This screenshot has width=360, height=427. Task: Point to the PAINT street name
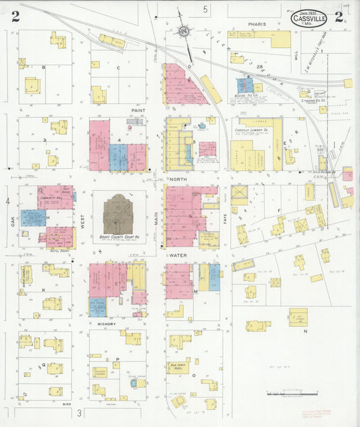coord(139,109)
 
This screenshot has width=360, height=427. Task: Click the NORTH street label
coord(178,179)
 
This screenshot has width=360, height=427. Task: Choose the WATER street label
coord(178,255)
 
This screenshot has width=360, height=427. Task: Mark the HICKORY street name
coord(107,324)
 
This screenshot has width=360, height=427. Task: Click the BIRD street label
coord(66,403)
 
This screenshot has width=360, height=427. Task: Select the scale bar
coord(284,392)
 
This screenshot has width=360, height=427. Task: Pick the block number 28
coord(259,66)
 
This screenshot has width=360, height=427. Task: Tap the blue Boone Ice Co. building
coord(245,85)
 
